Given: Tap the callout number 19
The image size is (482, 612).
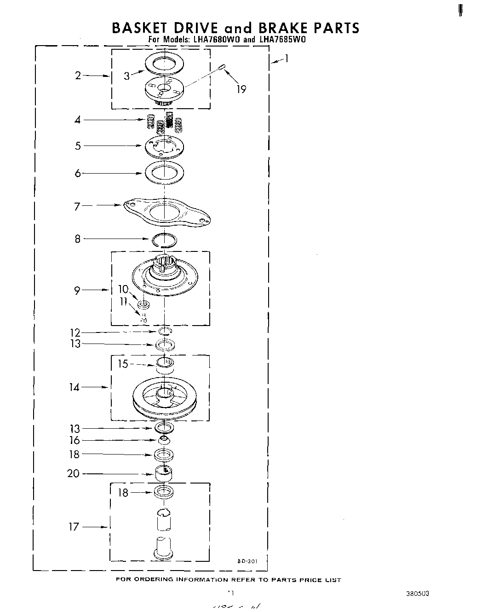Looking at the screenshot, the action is click(x=241, y=89).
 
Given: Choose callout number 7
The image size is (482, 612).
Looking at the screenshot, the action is click(x=77, y=206).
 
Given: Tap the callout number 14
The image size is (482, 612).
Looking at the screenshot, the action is click(x=75, y=387).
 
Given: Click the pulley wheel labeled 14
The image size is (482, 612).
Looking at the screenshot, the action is click(x=164, y=396).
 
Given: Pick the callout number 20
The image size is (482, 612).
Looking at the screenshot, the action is click(x=74, y=473).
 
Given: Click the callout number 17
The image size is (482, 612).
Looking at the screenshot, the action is click(x=74, y=526).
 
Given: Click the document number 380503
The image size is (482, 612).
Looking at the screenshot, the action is click(x=418, y=594).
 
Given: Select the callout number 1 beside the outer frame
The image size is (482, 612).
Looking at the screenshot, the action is click(x=287, y=58).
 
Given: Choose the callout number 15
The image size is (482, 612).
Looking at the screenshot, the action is click(x=123, y=364).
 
